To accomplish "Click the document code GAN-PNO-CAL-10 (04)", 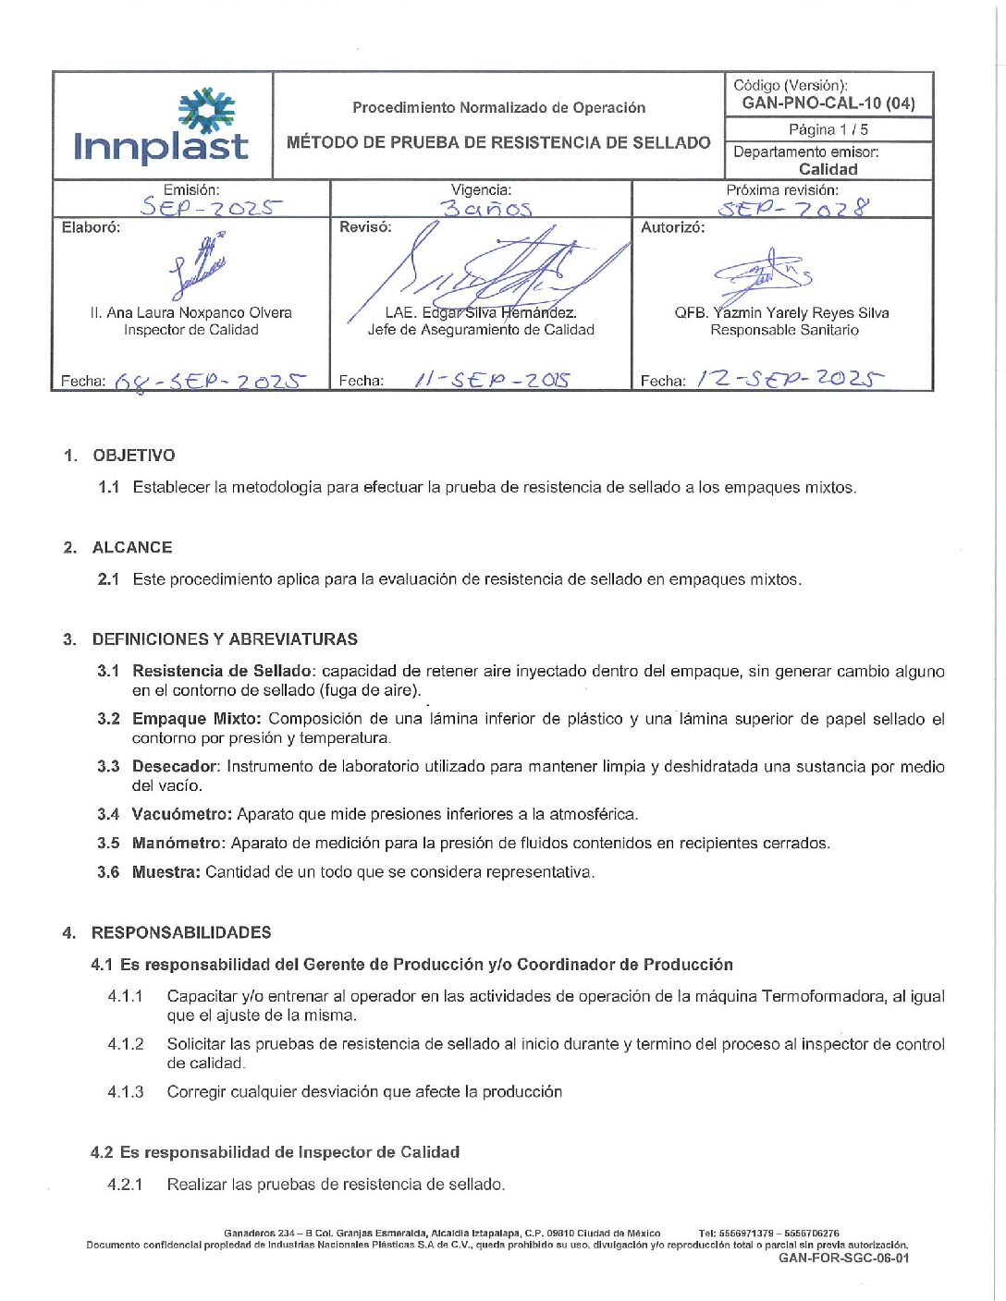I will (x=828, y=103).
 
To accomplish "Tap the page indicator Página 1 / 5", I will (x=828, y=129).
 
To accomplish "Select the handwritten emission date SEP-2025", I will (x=211, y=207).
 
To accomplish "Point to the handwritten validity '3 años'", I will (x=486, y=208).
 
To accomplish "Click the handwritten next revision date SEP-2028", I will (x=793, y=207).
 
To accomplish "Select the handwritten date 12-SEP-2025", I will (x=790, y=378).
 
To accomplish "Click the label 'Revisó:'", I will (x=365, y=227).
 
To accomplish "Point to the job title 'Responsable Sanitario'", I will (x=784, y=330).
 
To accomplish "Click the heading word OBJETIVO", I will (x=134, y=456).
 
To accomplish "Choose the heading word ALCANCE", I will (x=132, y=547).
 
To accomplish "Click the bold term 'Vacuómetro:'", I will (x=182, y=814).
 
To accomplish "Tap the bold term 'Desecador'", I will (x=175, y=766).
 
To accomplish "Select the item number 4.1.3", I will (x=126, y=1091).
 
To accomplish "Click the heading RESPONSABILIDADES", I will (x=181, y=932).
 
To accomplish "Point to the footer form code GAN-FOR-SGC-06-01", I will (x=843, y=1258).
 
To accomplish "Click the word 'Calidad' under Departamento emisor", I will (x=828, y=169).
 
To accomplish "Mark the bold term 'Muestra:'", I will (x=166, y=871).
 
